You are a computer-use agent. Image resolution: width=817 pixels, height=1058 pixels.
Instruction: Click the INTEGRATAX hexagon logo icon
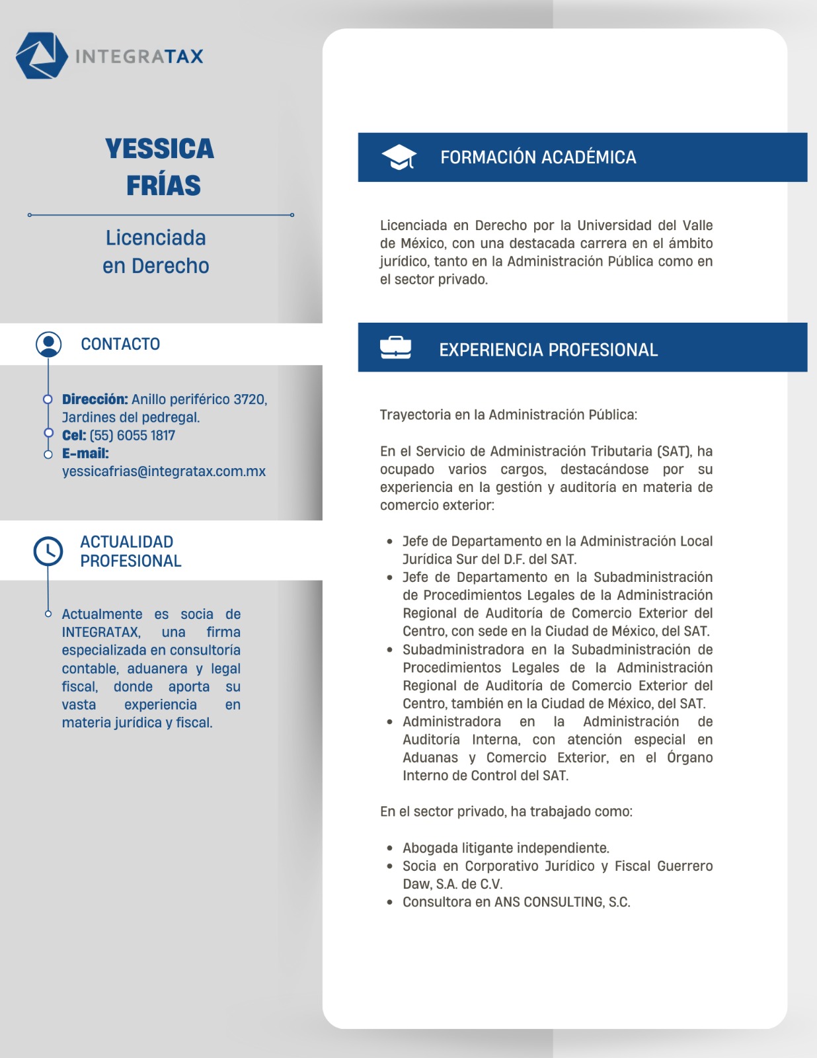point(42,56)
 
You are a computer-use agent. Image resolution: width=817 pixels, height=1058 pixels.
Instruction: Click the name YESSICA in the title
point(159,149)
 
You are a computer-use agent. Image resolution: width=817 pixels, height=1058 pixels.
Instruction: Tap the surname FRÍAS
point(163,186)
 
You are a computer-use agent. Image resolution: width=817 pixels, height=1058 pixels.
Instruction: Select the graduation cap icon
point(399,157)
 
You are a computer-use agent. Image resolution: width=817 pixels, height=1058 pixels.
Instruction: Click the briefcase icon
point(395,348)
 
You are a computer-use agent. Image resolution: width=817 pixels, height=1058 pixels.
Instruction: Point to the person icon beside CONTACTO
point(48,344)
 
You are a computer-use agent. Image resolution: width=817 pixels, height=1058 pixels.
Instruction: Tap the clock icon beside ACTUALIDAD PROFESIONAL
point(48,551)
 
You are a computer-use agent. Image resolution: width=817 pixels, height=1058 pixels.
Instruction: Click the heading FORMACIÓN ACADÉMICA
point(538,157)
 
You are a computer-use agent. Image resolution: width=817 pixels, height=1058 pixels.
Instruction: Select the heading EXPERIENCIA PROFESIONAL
point(548,350)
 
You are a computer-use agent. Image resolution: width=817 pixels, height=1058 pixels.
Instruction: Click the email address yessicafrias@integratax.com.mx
point(164,471)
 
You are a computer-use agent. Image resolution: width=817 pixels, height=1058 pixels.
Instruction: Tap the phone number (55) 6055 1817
point(132,435)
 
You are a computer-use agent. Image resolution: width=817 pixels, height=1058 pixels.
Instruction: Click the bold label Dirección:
point(95,399)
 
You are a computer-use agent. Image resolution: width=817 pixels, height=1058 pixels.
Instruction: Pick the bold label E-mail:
point(85,454)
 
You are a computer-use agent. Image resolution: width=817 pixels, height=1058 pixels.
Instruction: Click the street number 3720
point(251,399)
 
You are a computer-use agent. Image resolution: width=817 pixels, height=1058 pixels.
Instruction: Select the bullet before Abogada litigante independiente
point(391,848)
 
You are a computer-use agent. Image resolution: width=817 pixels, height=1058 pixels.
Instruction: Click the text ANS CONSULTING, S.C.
point(562,902)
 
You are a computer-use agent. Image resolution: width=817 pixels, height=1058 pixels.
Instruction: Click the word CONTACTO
point(120,344)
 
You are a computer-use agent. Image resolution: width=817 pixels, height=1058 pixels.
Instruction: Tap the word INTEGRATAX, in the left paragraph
point(101,632)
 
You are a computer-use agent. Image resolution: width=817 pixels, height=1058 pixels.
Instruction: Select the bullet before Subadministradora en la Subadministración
point(391,650)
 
